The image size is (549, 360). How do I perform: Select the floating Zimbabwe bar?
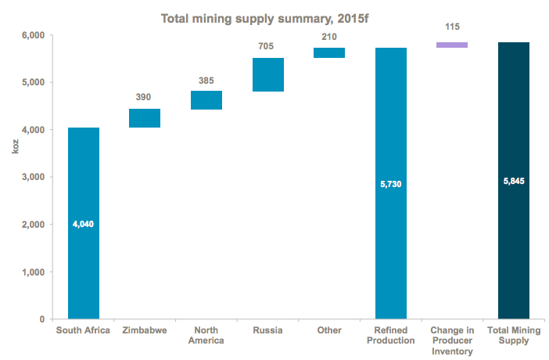145,117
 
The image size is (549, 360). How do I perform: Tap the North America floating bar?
206,100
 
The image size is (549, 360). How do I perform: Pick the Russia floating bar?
267,74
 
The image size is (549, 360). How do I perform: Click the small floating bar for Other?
329,52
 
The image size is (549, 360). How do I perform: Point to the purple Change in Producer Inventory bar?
452,45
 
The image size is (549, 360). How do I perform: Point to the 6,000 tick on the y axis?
32,35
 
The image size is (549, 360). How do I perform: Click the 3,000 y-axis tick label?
32,178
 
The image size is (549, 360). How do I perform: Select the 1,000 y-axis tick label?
32,272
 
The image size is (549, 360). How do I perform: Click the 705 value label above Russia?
267,45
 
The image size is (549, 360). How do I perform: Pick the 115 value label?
452,27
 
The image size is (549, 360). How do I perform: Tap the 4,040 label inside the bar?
84,224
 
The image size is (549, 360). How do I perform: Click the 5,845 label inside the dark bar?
514,181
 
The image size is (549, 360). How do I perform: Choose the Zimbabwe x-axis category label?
145,330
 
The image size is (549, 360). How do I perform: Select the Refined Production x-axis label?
391,335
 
